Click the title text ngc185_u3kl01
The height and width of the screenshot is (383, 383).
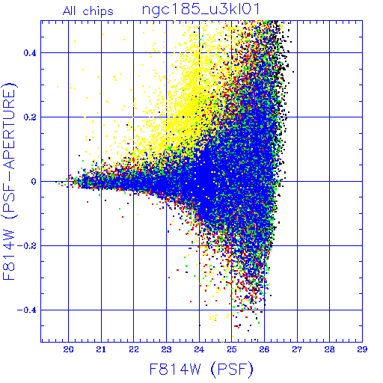201,10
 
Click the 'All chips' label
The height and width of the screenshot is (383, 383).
88,11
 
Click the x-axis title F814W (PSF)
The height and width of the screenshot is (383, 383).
201,369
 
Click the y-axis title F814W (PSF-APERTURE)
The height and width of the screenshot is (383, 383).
9,181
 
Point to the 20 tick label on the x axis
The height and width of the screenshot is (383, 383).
68,349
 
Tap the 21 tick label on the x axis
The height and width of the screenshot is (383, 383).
101,349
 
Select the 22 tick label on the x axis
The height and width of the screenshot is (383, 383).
134,349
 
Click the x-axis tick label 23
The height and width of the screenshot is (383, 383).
166,349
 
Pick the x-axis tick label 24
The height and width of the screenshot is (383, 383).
199,349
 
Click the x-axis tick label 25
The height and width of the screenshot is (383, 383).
232,349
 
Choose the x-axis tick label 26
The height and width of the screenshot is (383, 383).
264,349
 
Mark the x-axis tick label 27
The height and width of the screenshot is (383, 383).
297,349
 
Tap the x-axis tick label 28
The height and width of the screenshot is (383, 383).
330,349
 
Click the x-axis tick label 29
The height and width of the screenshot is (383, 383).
362,349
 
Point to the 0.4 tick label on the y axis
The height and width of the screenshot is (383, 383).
30,53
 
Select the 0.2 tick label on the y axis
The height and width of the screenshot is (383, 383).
30,117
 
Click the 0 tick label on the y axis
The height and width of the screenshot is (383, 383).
34,182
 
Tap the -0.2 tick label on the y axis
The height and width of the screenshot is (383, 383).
26,246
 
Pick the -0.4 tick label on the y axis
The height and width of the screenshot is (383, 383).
26,310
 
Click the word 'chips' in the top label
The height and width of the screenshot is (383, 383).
98,12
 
